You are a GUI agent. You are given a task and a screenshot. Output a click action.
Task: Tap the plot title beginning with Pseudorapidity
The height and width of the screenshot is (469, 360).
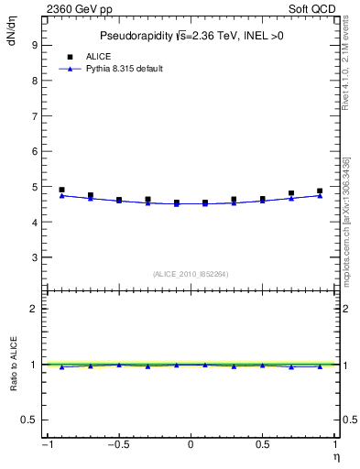pos(191,36)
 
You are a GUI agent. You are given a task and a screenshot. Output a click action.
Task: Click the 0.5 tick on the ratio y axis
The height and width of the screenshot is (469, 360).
pos(28,420)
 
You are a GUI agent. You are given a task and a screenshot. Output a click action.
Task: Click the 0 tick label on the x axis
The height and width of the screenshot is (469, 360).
pos(191,444)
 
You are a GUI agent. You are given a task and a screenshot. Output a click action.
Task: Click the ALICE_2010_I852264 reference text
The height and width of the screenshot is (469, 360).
pos(191,273)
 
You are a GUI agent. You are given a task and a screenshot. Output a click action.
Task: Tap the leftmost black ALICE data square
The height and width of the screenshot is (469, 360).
pos(61,190)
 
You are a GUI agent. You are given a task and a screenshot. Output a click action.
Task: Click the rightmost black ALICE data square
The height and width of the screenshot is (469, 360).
pos(320,191)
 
